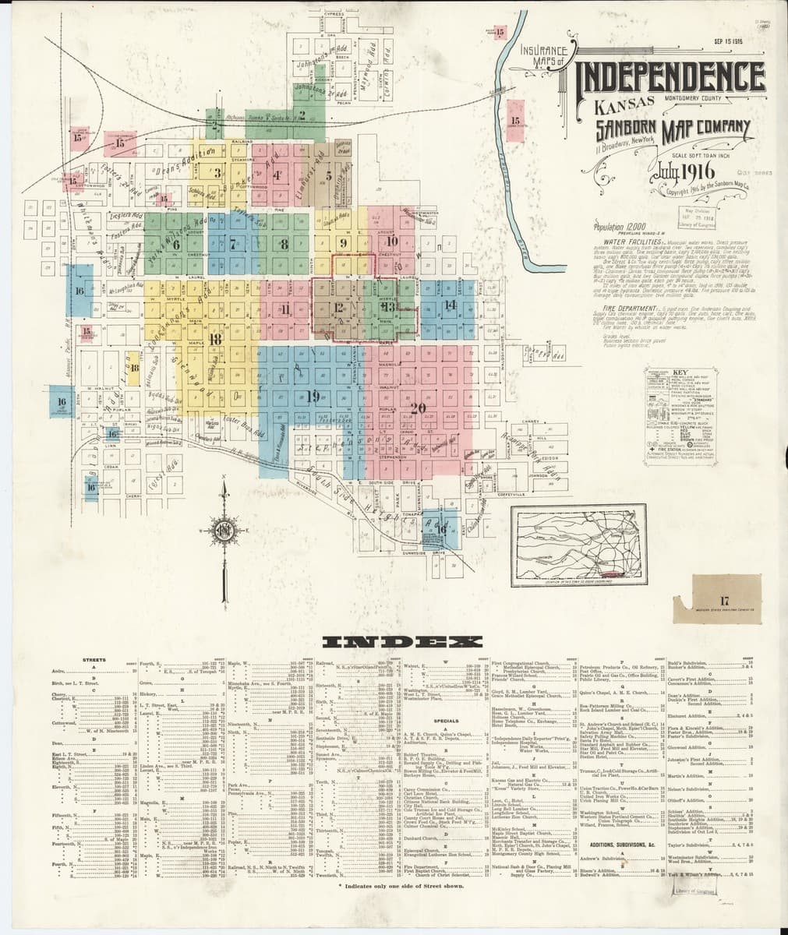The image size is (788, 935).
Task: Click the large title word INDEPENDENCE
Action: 670,77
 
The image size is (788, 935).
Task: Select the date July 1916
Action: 669,171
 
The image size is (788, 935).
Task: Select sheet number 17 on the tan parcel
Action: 724,599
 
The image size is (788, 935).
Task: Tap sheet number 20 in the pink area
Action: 417,407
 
